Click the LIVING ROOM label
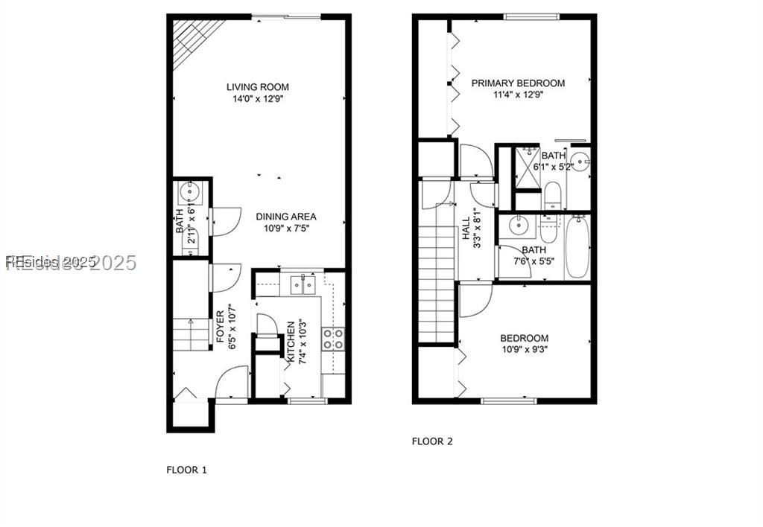coord(258,87)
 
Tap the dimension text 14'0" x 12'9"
coord(258,98)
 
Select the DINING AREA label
coord(286,217)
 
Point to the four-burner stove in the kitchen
coord(333,339)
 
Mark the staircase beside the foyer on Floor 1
coord(191,334)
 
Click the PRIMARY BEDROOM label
coord(518,83)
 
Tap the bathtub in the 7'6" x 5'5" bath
coord(577,246)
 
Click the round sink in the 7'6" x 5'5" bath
coord(516,226)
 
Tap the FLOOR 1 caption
coord(186,470)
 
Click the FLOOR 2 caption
coord(432,441)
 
